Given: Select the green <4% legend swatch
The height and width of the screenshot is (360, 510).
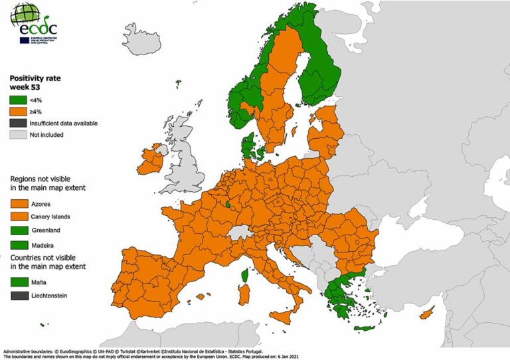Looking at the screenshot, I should (x=18, y=100).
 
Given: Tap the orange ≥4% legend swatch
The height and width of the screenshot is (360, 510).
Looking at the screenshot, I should (x=18, y=111).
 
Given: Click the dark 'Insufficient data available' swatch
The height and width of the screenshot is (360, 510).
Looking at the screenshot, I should (x=18, y=123).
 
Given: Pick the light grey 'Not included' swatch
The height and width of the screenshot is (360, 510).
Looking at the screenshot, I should (x=18, y=135).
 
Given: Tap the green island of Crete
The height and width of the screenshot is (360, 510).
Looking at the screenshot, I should (x=364, y=328).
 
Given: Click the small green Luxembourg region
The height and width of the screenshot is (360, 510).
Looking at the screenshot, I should (x=229, y=205).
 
